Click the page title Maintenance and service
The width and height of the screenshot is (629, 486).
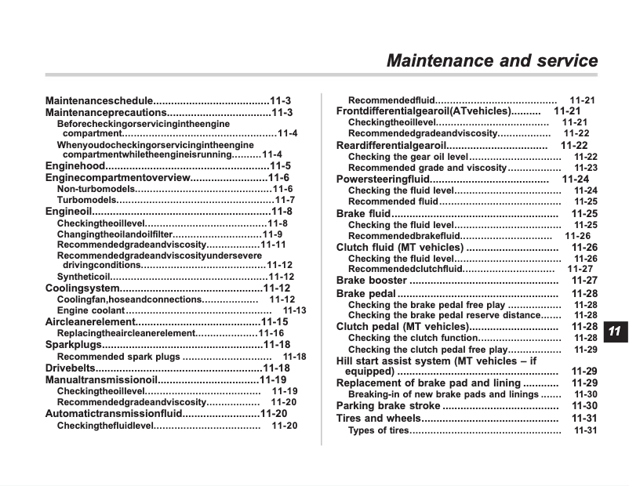[x=492, y=60]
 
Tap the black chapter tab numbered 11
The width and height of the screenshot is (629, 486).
[x=615, y=331]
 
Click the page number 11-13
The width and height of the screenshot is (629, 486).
[x=294, y=310]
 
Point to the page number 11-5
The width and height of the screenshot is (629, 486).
[x=280, y=166]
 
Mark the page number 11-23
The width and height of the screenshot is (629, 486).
[x=585, y=168]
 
